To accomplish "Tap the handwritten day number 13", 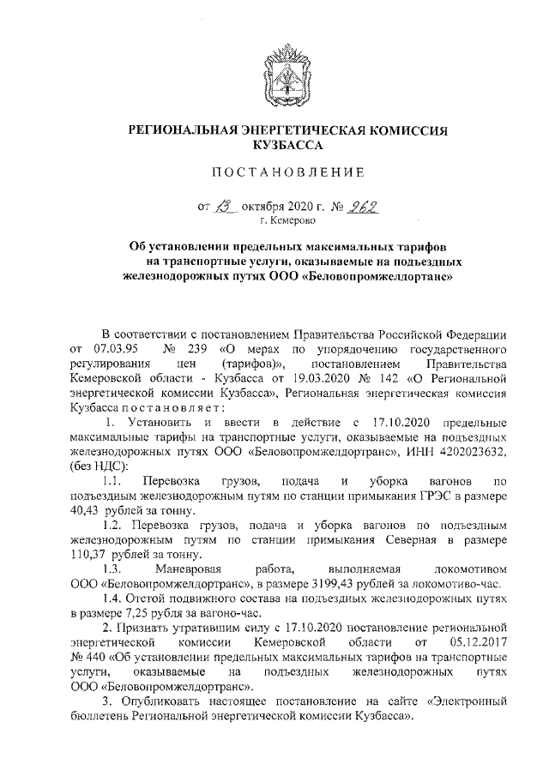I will (x=225, y=206).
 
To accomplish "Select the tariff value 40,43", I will (x=85, y=511).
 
